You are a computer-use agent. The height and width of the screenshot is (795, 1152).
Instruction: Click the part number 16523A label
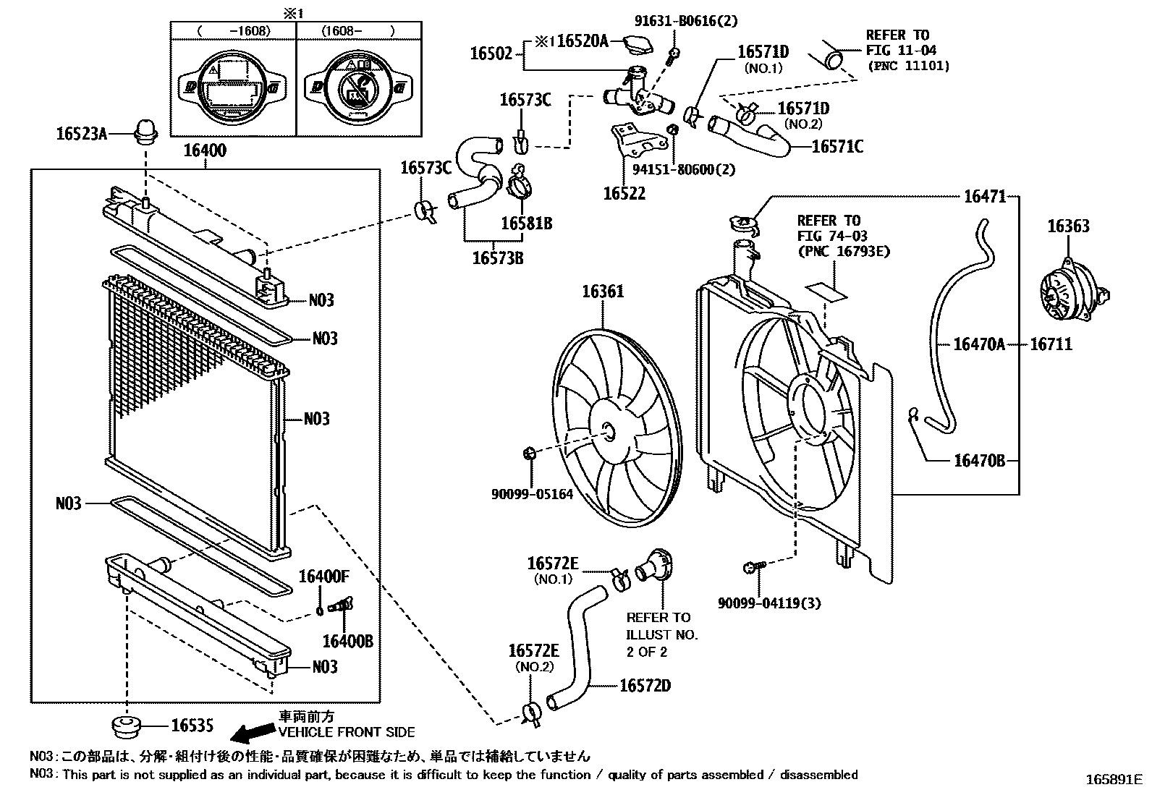[82, 134]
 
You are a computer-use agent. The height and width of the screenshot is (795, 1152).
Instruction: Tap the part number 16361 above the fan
[603, 292]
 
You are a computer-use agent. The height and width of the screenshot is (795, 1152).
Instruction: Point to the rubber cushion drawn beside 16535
[127, 726]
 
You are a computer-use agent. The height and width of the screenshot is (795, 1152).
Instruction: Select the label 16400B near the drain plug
[347, 641]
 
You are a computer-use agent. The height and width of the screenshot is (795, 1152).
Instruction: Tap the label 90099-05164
[532, 494]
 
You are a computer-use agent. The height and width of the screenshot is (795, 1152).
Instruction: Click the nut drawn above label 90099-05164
[528, 454]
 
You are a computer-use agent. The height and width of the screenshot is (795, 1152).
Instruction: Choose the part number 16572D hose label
[645, 685]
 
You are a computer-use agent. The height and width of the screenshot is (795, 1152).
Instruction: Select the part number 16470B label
[979, 460]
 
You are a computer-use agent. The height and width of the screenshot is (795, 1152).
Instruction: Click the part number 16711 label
[1051, 344]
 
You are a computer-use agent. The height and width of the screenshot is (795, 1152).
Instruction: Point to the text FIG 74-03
[832, 236]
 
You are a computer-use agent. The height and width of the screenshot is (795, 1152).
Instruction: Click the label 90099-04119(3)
[769, 603]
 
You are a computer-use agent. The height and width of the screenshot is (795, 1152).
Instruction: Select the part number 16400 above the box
[204, 150]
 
